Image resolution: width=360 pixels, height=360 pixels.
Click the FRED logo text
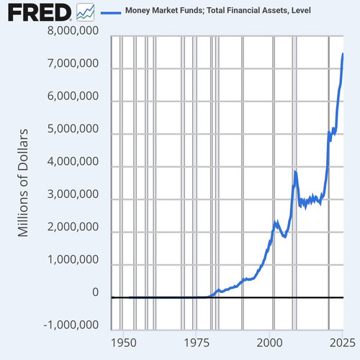(40, 12)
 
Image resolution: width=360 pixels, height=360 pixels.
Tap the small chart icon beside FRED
(85, 12)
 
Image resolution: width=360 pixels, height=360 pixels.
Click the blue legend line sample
(111, 12)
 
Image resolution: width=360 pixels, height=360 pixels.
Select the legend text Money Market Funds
(164, 10)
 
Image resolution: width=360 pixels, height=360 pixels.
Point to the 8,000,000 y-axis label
(73, 30)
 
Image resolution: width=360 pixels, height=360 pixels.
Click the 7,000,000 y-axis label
(73, 63)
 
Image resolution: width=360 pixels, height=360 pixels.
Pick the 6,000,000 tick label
(73, 96)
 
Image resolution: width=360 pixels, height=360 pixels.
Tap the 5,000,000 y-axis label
(73, 128)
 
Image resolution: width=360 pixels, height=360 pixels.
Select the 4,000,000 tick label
(73, 161)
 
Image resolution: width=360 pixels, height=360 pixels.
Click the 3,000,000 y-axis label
(73, 194)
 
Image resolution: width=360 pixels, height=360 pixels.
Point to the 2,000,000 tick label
(73, 226)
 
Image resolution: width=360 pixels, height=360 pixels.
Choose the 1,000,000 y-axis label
(73, 259)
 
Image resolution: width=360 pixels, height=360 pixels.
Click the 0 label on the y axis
(95, 292)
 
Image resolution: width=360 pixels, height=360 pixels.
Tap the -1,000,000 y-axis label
(71, 325)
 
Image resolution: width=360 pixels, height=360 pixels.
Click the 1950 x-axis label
(124, 343)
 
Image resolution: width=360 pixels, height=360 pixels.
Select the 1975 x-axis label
(197, 343)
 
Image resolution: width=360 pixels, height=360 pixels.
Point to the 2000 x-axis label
(269, 343)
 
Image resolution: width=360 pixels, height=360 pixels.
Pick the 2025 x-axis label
(343, 343)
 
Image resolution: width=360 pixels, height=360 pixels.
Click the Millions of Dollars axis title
(23, 183)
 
